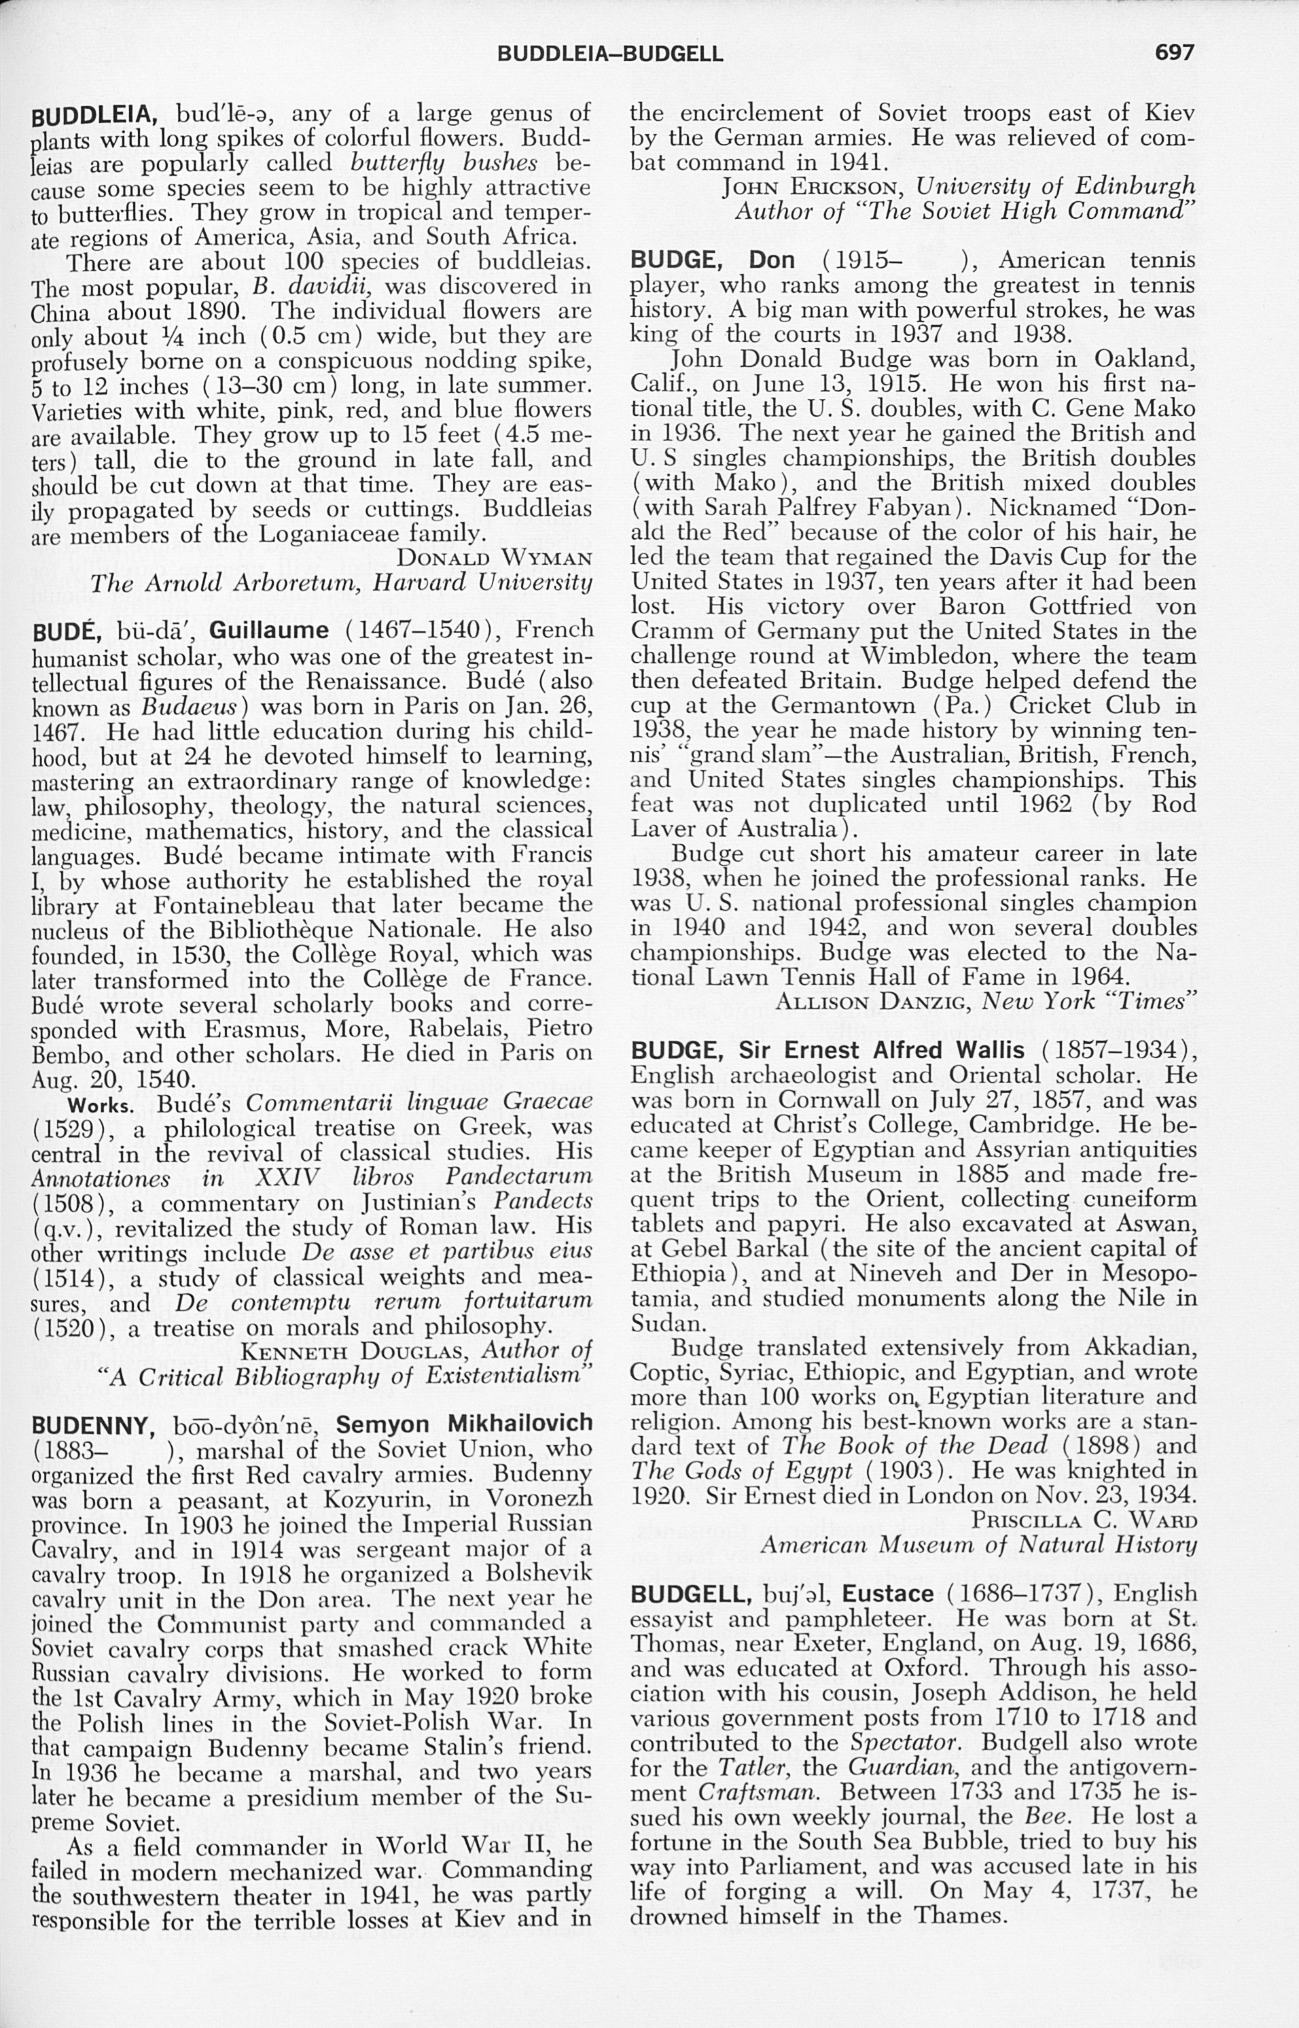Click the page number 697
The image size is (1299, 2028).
pyautogui.click(x=1174, y=52)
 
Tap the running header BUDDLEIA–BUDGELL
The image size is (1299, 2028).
pyautogui.click(x=610, y=54)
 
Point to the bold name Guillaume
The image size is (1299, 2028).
pyautogui.click(x=268, y=630)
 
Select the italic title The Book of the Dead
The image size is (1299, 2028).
pyautogui.click(x=914, y=1446)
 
